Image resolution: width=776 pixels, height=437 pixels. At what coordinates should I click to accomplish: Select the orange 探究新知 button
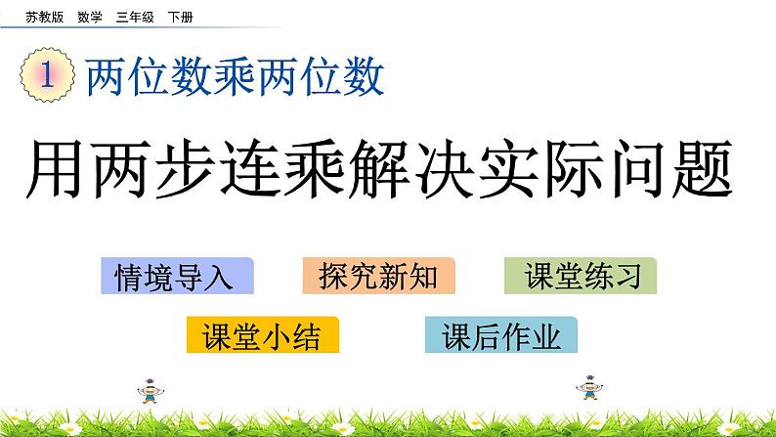coord(378,277)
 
